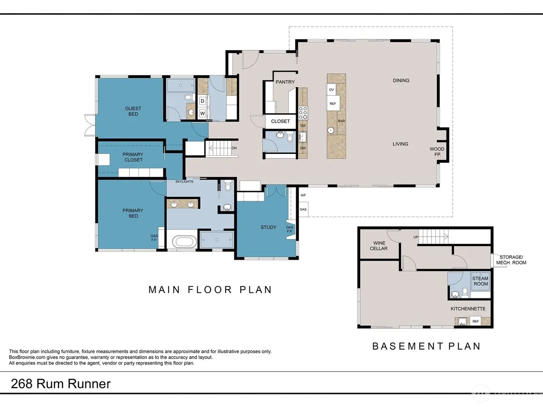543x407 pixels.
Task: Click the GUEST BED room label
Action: pyautogui.click(x=133, y=111)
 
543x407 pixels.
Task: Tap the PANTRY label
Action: pyautogui.click(x=285, y=82)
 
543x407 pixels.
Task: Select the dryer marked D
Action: pyautogui.click(x=203, y=101)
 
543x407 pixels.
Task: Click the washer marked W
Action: pyautogui.click(x=203, y=114)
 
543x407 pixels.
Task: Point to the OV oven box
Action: pyautogui.click(x=331, y=90)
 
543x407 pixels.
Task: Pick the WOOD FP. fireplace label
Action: pyautogui.click(x=437, y=152)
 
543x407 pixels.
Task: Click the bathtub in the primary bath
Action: pyautogui.click(x=184, y=241)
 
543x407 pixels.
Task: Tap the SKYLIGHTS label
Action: pyautogui.click(x=184, y=181)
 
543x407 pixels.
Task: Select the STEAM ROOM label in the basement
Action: pyautogui.click(x=480, y=281)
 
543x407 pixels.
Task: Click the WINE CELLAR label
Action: pyautogui.click(x=379, y=246)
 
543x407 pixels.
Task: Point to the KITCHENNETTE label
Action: pyautogui.click(x=468, y=309)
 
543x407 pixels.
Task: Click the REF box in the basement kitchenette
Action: pyautogui.click(x=476, y=321)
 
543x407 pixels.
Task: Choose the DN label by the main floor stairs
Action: pyautogui.click(x=234, y=148)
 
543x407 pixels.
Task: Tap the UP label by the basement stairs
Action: pyautogui.click(x=416, y=237)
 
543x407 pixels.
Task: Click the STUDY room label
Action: pyautogui.click(x=269, y=227)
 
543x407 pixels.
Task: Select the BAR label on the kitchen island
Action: pyautogui.click(x=341, y=121)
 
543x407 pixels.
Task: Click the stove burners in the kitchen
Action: pyautogui.click(x=303, y=113)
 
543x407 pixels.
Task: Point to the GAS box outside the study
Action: pyautogui.click(x=303, y=209)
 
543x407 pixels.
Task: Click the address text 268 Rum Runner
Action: pyautogui.click(x=61, y=384)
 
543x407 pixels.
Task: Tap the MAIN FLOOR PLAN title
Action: pyautogui.click(x=210, y=290)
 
